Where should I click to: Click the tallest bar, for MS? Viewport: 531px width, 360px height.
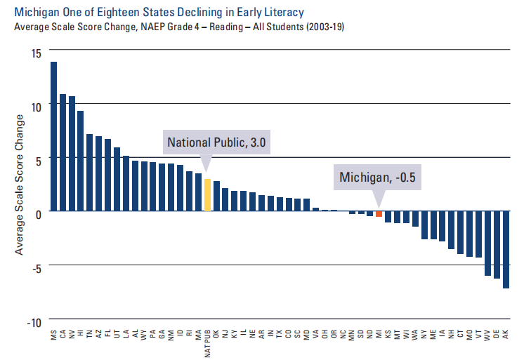point(53,137)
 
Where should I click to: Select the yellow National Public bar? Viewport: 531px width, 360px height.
point(207,196)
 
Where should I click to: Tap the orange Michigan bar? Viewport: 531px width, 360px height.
point(379,214)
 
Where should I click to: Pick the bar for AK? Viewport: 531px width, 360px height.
point(506,250)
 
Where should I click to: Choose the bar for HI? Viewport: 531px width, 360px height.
point(81,161)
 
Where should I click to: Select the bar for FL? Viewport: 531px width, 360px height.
point(108,175)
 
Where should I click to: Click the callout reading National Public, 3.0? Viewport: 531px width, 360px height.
point(218,142)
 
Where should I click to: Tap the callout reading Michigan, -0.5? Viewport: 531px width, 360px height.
point(378,178)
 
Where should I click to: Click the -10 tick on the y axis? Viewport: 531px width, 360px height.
point(33,322)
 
